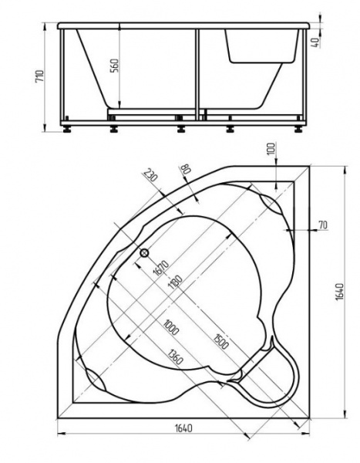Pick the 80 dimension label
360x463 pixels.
coord(185,169)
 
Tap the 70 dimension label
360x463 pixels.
coord(321,225)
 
